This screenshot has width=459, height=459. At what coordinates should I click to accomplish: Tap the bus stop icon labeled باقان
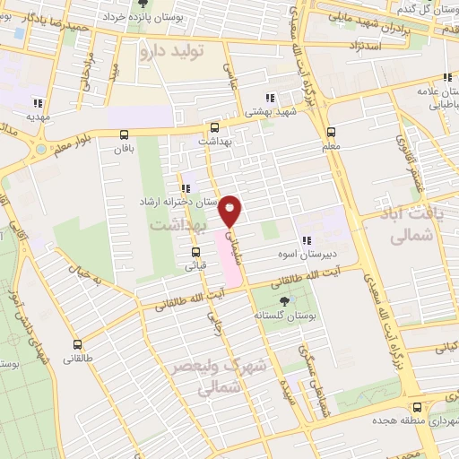(124, 134)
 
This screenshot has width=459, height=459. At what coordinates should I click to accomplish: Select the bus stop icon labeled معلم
(332, 130)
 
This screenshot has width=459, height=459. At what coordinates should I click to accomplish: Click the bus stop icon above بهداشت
(213, 128)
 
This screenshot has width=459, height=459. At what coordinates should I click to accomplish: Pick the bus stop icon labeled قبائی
(195, 251)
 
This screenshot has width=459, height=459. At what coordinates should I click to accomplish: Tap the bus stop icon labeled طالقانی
(77, 343)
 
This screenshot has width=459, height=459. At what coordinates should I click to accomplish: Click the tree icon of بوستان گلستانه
(284, 301)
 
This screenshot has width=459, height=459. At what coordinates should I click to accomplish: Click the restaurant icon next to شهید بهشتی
(269, 98)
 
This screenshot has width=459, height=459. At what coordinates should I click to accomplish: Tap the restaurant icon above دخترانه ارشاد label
(186, 188)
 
